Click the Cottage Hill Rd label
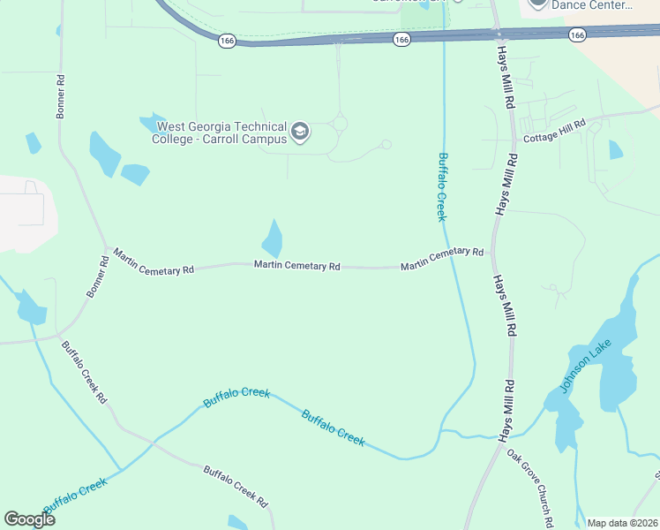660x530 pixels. pyautogui.click(x=555, y=131)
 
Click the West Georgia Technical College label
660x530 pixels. pyautogui.click(x=221, y=132)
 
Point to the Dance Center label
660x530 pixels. pyautogui.click(x=592, y=4)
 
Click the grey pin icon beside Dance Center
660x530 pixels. pyautogui.click(x=538, y=4)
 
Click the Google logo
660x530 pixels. pyautogui.click(x=29, y=519)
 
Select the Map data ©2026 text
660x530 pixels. pyautogui.click(x=623, y=522)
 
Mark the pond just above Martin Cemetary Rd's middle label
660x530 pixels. pyautogui.click(x=273, y=238)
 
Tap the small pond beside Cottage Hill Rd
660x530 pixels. pyautogui.click(x=615, y=150)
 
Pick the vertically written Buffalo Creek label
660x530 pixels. pyautogui.click(x=444, y=186)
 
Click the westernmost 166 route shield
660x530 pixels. pyautogui.click(x=228, y=41)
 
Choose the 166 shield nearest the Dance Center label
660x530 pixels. pyautogui.click(x=577, y=34)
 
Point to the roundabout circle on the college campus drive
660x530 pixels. pyautogui.click(x=340, y=125)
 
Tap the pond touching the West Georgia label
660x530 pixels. pyautogui.click(x=152, y=122)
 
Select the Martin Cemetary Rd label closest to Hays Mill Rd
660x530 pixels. pyautogui.click(x=441, y=259)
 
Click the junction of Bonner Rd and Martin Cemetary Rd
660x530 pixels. pyautogui.click(x=107, y=248)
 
